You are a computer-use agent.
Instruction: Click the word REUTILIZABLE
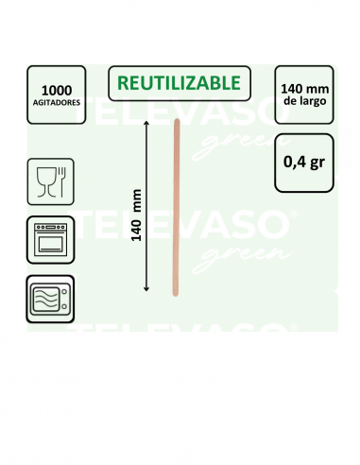(179, 83)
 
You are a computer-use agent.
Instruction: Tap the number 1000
(57, 91)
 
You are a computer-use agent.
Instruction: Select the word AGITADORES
(57, 102)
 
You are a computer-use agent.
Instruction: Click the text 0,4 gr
(304, 163)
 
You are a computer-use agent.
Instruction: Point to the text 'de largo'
(304, 101)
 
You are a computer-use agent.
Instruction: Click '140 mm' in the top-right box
(304, 89)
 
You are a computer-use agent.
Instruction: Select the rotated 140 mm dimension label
(136, 215)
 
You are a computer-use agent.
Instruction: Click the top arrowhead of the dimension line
(146, 123)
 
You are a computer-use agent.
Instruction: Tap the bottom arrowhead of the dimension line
(146, 289)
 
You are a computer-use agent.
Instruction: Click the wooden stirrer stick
(176, 207)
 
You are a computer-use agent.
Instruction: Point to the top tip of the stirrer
(177, 119)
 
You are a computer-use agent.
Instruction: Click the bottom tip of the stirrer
(176, 296)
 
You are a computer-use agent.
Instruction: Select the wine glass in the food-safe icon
(46, 182)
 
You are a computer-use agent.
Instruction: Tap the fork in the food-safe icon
(61, 182)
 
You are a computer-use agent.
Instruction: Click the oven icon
(51, 240)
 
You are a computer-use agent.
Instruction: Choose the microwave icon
(50, 299)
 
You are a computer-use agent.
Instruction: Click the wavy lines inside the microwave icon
(46, 299)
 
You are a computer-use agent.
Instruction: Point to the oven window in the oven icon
(50, 243)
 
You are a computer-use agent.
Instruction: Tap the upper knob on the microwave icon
(64, 291)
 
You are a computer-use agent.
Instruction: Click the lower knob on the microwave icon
(64, 306)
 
